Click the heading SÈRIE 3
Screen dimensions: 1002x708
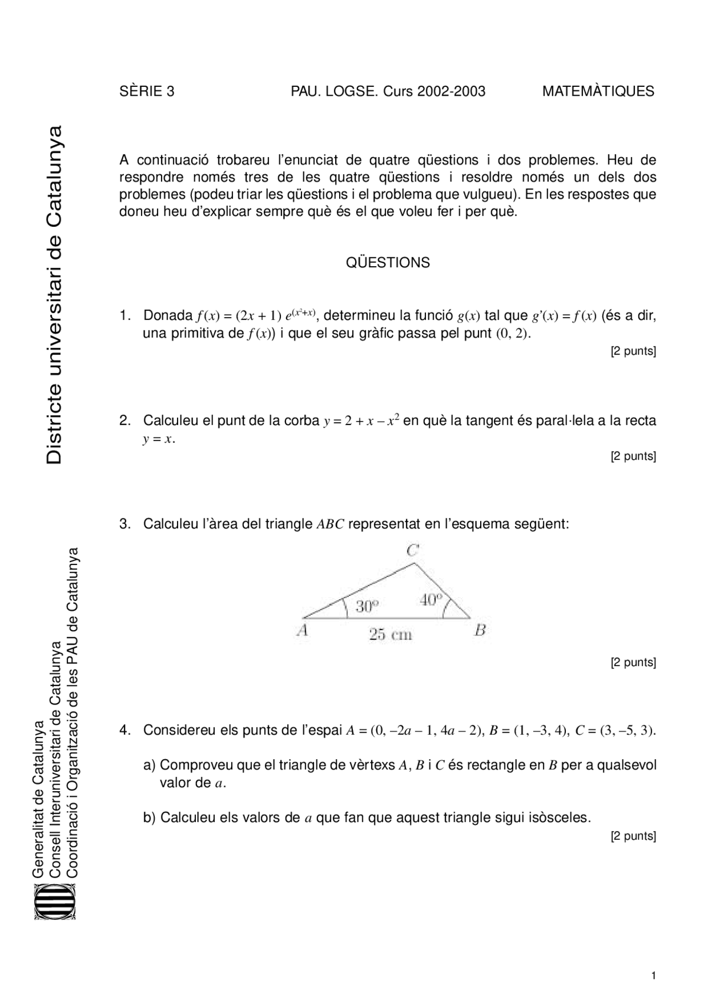147,91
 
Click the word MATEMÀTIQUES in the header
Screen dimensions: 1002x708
598,91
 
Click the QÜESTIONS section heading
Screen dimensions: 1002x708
388,263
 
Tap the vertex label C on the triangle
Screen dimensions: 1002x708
413,551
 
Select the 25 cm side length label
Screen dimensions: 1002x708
391,635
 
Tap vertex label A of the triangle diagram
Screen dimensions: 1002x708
302,630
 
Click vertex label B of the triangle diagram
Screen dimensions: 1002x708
480,630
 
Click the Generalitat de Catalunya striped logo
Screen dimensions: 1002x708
55,902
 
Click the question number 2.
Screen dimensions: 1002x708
124,421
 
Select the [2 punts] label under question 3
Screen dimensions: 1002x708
633,662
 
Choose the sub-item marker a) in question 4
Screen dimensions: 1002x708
149,766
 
